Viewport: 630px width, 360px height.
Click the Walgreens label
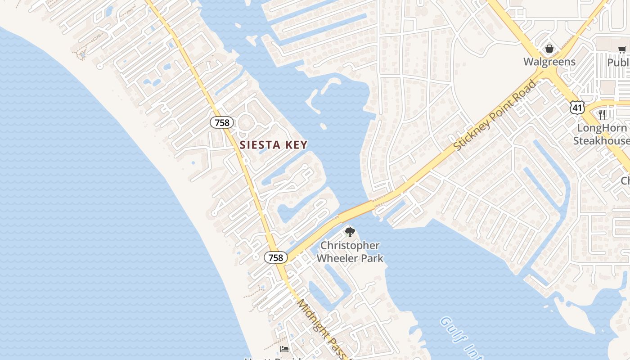tap(549, 62)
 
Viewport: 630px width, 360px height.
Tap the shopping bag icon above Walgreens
tap(549, 49)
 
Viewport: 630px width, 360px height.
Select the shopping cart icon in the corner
tap(622, 49)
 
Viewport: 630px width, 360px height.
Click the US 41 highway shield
tap(577, 107)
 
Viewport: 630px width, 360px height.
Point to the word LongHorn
tap(601, 128)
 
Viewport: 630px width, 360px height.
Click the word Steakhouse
tap(601, 141)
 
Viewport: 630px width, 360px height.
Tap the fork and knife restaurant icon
tap(602, 115)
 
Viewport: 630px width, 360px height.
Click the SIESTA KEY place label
tap(274, 145)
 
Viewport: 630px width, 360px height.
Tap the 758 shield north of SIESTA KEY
tap(222, 122)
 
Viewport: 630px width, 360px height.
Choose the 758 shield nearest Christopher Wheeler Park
tap(275, 257)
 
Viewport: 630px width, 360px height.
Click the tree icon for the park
tap(350, 233)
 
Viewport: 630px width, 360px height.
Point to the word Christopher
tap(350, 246)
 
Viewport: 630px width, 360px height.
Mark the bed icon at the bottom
tap(284, 349)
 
